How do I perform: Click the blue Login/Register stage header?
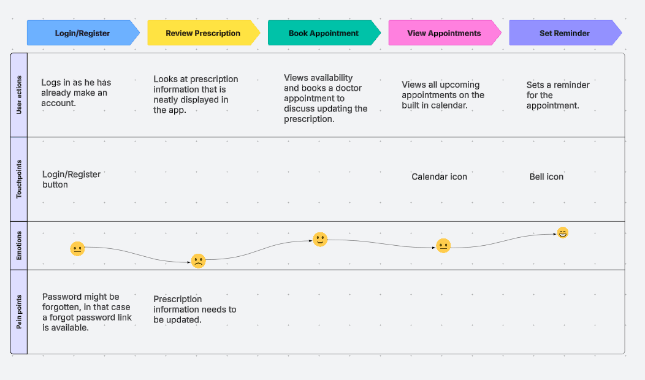point(82,33)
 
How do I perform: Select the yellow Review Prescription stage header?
point(203,33)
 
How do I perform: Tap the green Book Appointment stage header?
point(324,33)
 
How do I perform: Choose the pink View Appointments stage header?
point(444,33)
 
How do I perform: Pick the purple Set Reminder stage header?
point(564,33)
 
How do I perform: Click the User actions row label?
point(19,95)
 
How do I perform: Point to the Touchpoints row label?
point(19,180)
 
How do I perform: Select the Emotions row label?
point(19,245)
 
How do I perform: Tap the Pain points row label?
point(19,312)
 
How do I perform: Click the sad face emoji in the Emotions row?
point(198,261)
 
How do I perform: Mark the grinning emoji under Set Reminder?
point(563,233)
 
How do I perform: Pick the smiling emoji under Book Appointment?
point(320,240)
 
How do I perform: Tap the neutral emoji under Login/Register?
point(77,249)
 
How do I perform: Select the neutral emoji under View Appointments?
point(443,246)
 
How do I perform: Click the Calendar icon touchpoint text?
point(439,177)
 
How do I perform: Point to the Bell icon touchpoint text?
point(546,177)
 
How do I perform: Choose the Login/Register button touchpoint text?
point(71,180)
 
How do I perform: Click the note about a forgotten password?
point(86,312)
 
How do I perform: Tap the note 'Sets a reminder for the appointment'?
point(552,95)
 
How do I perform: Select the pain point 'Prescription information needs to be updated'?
point(194,310)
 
